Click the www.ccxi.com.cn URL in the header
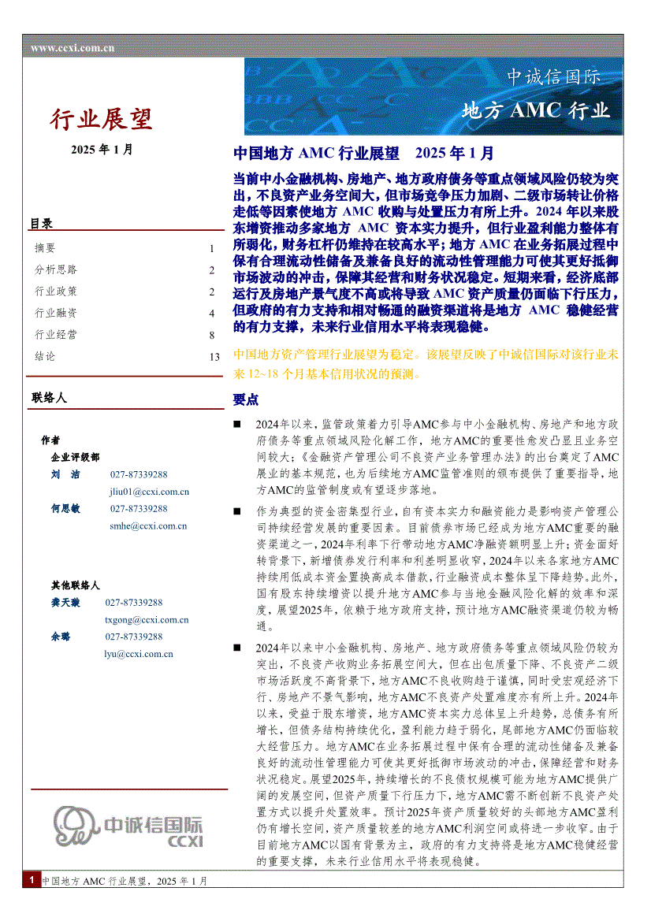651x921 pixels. point(73,48)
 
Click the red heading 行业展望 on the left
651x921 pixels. point(102,119)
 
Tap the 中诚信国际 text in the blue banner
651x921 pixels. point(553,77)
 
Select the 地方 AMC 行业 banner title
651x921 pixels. point(536,110)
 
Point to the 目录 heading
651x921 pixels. point(41,224)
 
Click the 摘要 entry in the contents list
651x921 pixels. point(45,248)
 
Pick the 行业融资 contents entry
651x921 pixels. point(55,313)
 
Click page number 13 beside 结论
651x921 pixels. point(214,356)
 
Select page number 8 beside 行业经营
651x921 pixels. point(211,335)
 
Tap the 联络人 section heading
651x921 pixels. point(49,398)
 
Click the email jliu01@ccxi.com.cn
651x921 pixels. point(149,492)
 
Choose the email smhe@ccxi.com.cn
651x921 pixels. point(148,525)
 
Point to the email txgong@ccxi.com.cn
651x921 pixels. point(147,619)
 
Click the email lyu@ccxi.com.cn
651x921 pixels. point(139,653)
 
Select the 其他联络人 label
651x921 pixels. point(75,585)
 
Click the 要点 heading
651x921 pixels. point(245,399)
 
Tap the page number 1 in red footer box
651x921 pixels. point(31,880)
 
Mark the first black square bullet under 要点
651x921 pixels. point(238,425)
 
